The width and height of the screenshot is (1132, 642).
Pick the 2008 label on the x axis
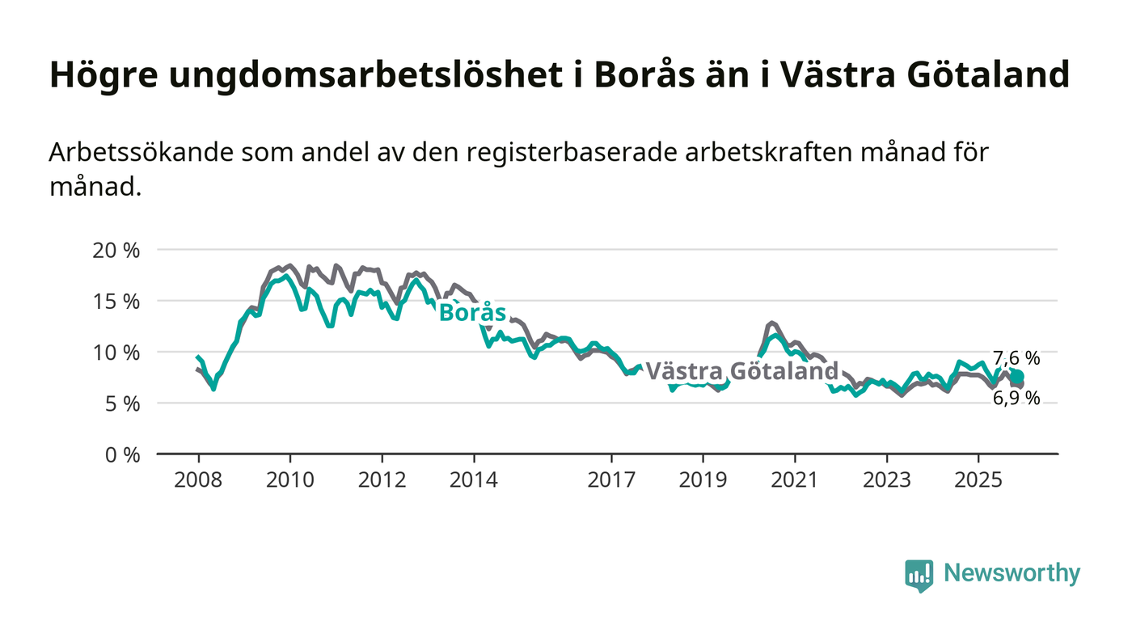(x=198, y=480)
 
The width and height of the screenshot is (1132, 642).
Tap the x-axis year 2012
(x=382, y=480)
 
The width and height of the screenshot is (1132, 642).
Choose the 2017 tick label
(x=611, y=480)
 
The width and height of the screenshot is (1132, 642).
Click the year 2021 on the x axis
(x=795, y=480)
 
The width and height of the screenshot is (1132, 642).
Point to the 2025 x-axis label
(x=978, y=480)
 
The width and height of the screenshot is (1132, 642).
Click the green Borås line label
(x=472, y=313)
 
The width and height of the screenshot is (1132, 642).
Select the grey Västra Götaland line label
(x=741, y=371)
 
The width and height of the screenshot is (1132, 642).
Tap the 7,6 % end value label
(x=1016, y=358)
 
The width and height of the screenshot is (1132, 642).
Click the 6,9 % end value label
(x=1016, y=398)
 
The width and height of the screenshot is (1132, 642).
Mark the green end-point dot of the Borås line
(x=1017, y=377)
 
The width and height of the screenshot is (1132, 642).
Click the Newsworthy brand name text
(x=1012, y=573)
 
